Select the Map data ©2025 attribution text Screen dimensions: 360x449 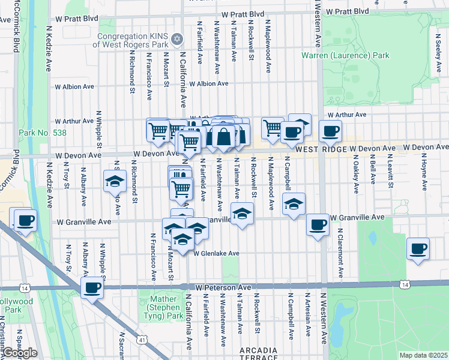(x=424, y=355)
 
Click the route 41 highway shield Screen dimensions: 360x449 (x=142, y=340)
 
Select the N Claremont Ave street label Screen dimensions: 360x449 (x=340, y=253)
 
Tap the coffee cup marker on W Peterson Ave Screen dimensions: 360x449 (x=92, y=288)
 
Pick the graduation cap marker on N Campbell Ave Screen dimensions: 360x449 (x=294, y=205)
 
